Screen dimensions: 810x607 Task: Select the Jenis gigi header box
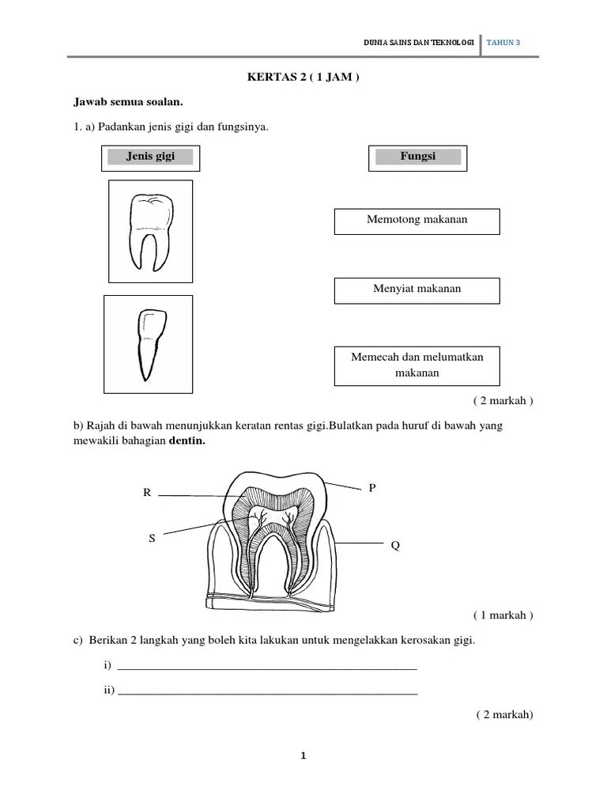150,157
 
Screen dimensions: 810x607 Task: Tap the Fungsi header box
417,157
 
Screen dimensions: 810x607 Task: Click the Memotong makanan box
417,221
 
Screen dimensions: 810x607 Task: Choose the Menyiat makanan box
417,290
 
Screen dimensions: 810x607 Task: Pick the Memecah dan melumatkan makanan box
417,365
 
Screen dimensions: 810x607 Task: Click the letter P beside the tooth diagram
372,488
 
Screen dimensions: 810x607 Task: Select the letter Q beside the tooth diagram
394,546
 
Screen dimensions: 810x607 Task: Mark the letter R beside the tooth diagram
147,494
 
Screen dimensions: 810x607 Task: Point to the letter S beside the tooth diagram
152,538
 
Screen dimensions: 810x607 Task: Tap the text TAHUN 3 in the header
504,43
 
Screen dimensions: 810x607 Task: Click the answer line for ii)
266,691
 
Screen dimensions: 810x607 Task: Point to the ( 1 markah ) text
503,615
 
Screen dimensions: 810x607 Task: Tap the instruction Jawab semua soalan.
128,102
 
